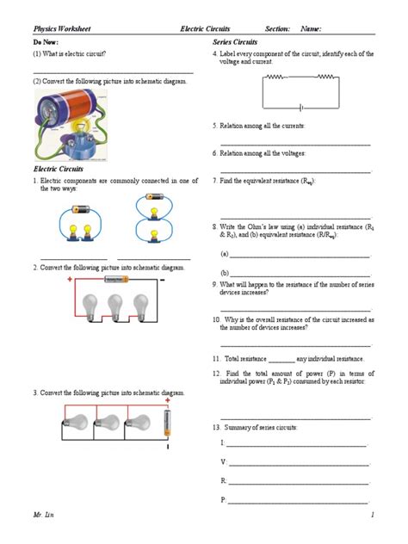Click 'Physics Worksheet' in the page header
pyautogui.click(x=62, y=29)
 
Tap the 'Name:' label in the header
pyautogui.click(x=311, y=29)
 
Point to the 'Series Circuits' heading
pyautogui.click(x=235, y=41)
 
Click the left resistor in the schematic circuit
pyautogui.click(x=276, y=77)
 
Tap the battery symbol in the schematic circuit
pyautogui.click(x=300, y=108)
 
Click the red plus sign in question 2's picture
pyautogui.click(x=70, y=281)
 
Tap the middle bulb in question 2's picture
pyautogui.click(x=116, y=306)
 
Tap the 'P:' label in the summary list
pyautogui.click(x=223, y=498)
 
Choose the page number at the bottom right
pyautogui.click(x=373, y=514)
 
